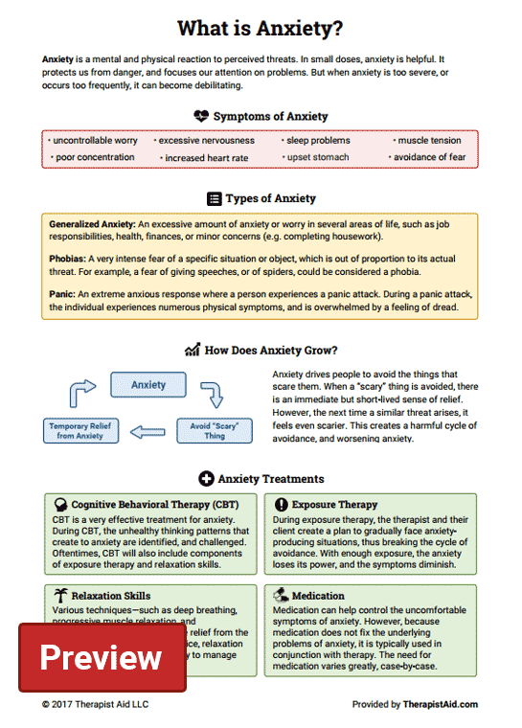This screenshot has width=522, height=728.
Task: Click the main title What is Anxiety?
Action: click(x=261, y=28)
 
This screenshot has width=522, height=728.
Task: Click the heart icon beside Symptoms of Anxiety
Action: click(x=200, y=116)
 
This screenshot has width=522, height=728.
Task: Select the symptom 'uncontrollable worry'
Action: click(x=94, y=140)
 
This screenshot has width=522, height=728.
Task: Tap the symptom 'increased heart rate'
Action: click(x=206, y=158)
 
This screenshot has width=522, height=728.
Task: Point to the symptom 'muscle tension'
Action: click(x=428, y=140)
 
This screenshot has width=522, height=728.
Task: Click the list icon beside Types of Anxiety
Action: click(x=215, y=198)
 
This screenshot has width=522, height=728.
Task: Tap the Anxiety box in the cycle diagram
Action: click(x=148, y=385)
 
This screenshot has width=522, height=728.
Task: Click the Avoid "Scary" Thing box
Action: click(x=214, y=429)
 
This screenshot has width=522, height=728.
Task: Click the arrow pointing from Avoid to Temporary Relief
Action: click(x=149, y=431)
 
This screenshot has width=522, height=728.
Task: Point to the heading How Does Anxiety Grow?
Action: click(x=271, y=350)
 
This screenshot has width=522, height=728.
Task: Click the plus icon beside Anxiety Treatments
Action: click(x=205, y=478)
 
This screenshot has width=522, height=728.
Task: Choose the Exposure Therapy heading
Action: click(x=334, y=504)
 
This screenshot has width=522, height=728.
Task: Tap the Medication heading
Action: click(x=318, y=595)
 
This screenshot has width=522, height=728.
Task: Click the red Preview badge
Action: click(x=102, y=657)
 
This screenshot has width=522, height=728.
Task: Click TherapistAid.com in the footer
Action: click(x=441, y=705)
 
